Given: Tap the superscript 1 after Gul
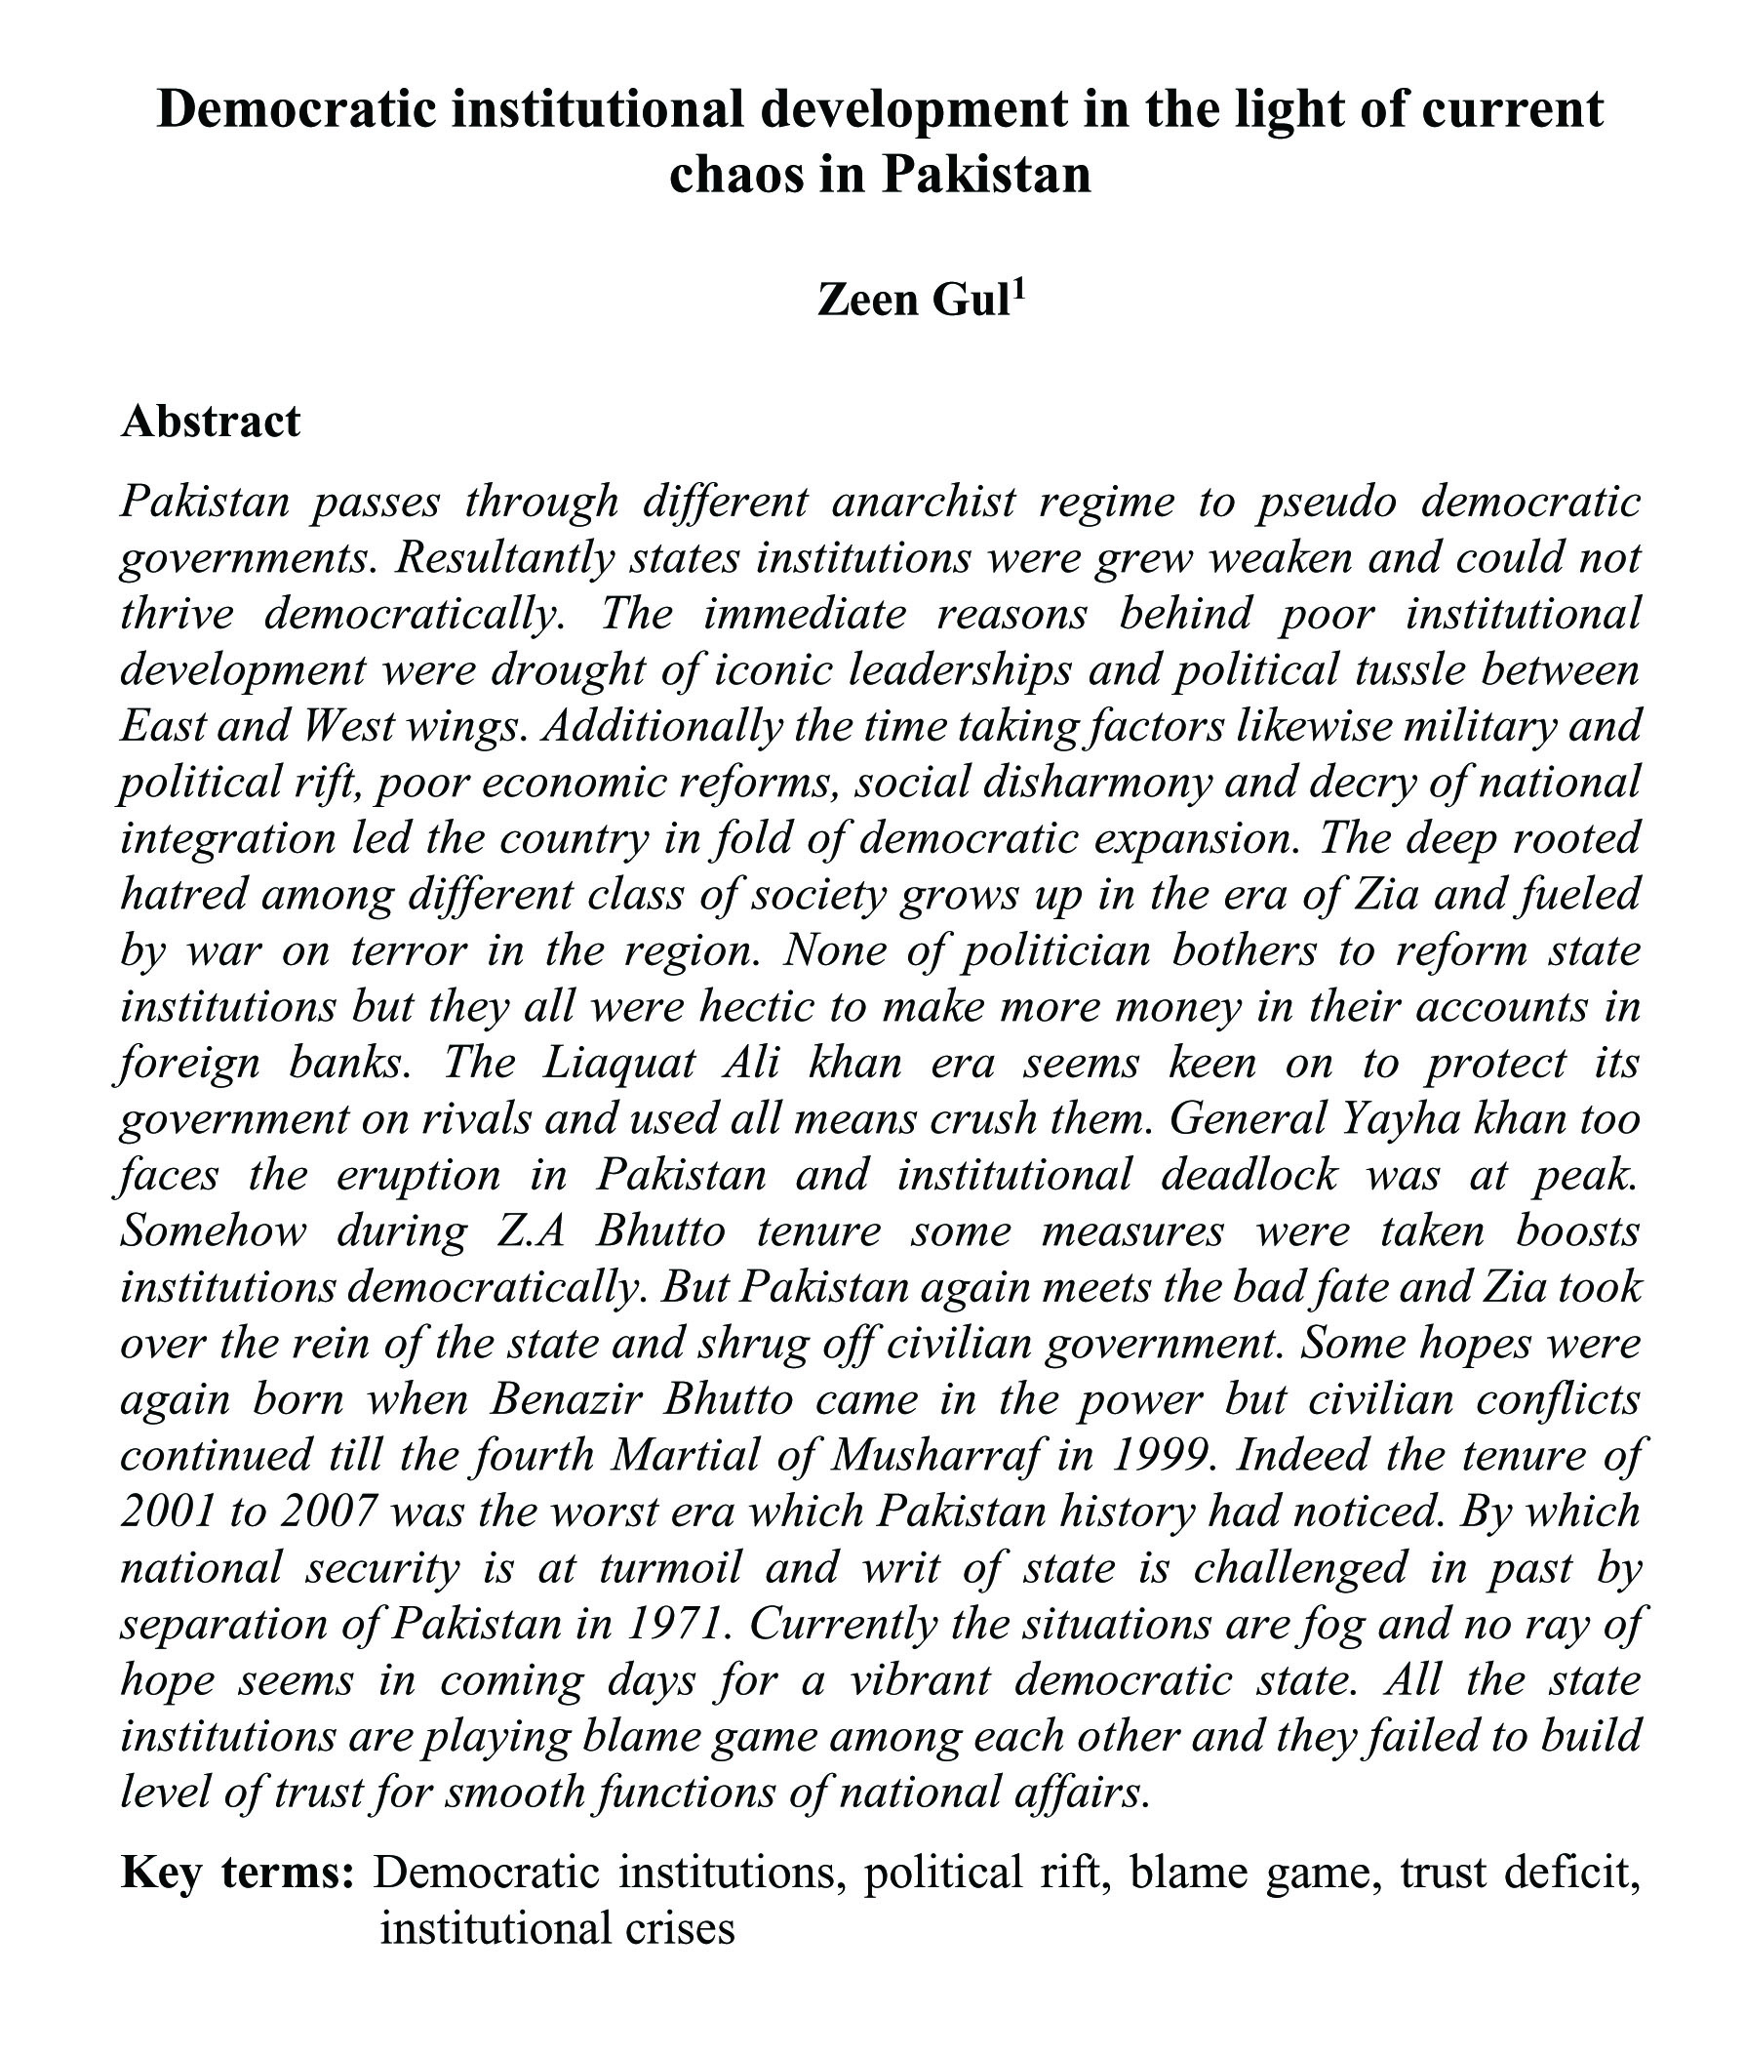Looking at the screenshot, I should tap(1019, 290).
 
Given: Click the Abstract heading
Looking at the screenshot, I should tap(210, 422).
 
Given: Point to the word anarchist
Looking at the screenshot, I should tap(923, 502).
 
